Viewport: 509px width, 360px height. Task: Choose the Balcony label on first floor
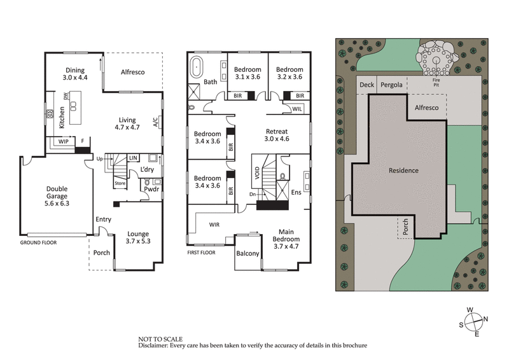pos(248,254)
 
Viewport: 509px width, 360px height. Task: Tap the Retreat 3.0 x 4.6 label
pos(277,135)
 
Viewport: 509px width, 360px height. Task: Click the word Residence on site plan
pos(403,170)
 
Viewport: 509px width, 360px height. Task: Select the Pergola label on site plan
pos(391,85)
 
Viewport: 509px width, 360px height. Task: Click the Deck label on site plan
pos(366,85)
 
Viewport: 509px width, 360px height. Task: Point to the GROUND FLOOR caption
pos(39,243)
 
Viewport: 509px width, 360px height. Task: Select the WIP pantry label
pos(63,141)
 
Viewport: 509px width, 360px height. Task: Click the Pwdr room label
pos(151,189)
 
